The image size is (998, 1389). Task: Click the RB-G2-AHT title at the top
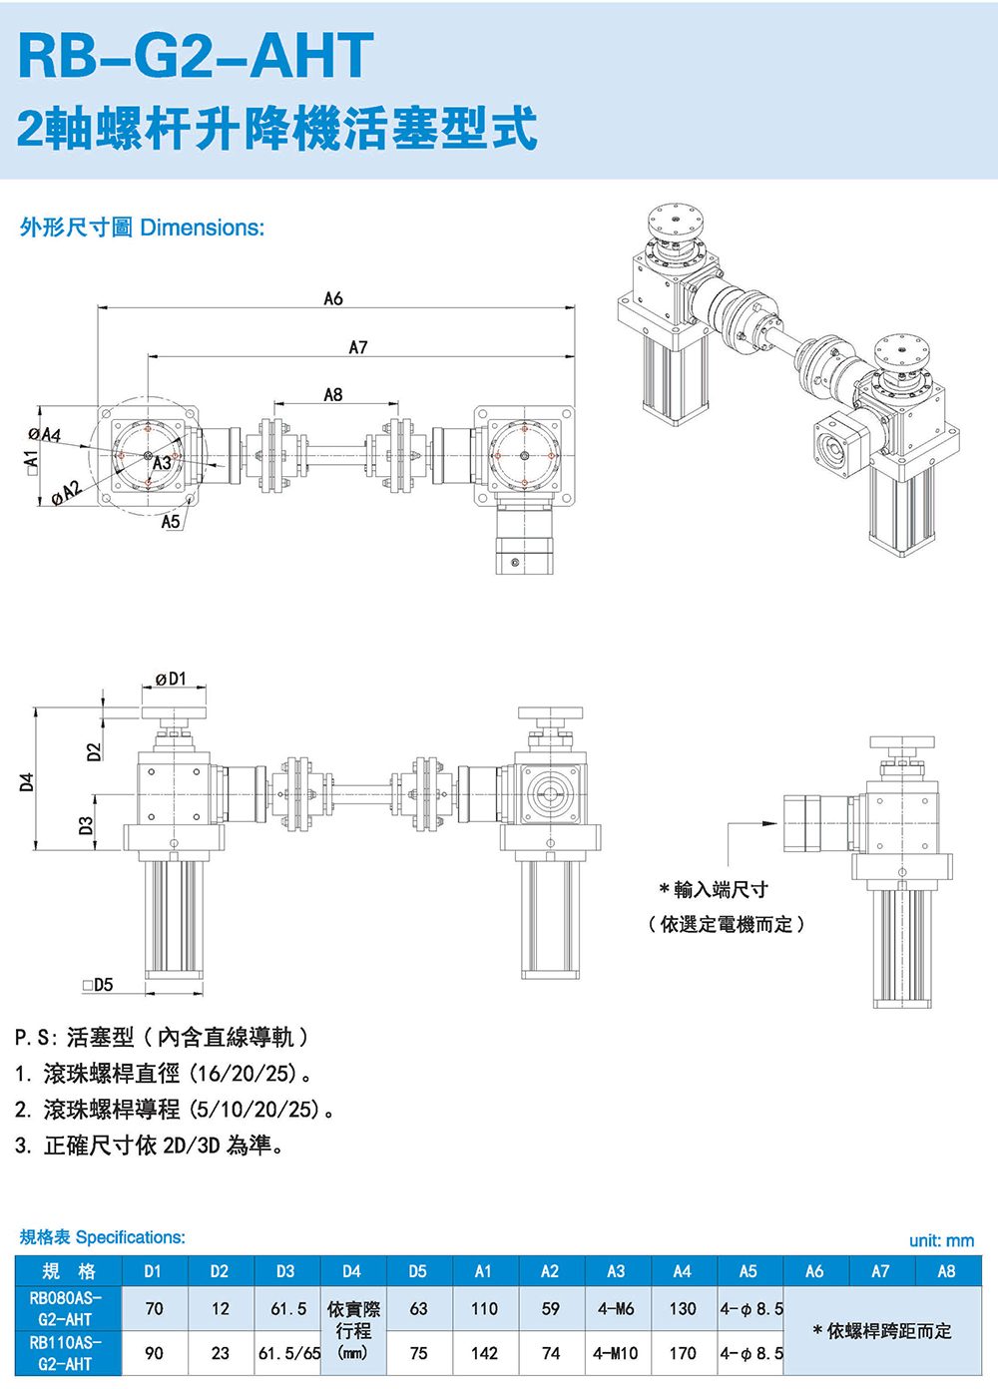pos(196,56)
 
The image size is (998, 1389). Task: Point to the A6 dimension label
pos(333,298)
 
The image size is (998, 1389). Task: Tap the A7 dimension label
pos(358,347)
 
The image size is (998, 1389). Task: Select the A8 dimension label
pos(333,395)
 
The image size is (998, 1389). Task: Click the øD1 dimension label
pos(171,680)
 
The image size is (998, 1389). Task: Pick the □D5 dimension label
pos(98,985)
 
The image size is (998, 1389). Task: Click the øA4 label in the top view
pos(44,435)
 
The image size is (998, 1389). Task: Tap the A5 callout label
pos(171,521)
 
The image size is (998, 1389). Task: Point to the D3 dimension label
pos(86,825)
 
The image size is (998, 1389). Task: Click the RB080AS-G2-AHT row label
pos(66,1308)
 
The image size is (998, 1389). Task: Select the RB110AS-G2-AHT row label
pos(66,1353)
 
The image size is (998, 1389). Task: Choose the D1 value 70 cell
pos(154,1308)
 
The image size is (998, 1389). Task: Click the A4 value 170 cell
pos(683,1353)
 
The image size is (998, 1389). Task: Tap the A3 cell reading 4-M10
pos(616,1353)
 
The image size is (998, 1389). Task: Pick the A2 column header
pos(550,1271)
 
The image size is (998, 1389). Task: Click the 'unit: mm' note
pos(941,1240)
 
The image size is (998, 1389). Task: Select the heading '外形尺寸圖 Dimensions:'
pos(142,228)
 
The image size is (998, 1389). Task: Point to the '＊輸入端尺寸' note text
pos(714,889)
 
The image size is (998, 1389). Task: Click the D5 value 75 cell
pos(418,1353)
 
